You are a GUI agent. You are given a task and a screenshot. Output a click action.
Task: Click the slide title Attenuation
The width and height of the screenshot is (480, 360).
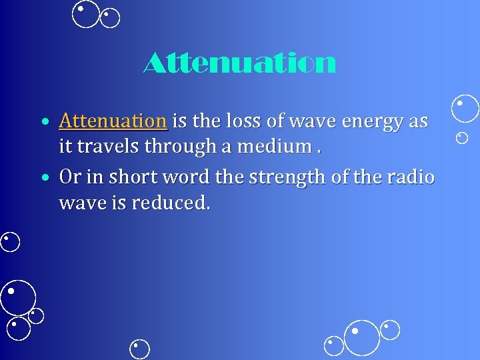pyautogui.click(x=239, y=64)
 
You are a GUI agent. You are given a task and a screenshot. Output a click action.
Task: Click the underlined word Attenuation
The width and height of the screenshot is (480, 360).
pyautogui.click(x=112, y=121)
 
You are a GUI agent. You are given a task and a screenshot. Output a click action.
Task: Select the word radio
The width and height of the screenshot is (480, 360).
pyautogui.click(x=412, y=177)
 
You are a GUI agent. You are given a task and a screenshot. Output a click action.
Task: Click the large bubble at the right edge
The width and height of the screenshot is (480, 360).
pyautogui.click(x=465, y=109)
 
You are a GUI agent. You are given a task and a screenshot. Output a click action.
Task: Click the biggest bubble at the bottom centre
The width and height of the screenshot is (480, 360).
pyautogui.click(x=361, y=337)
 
